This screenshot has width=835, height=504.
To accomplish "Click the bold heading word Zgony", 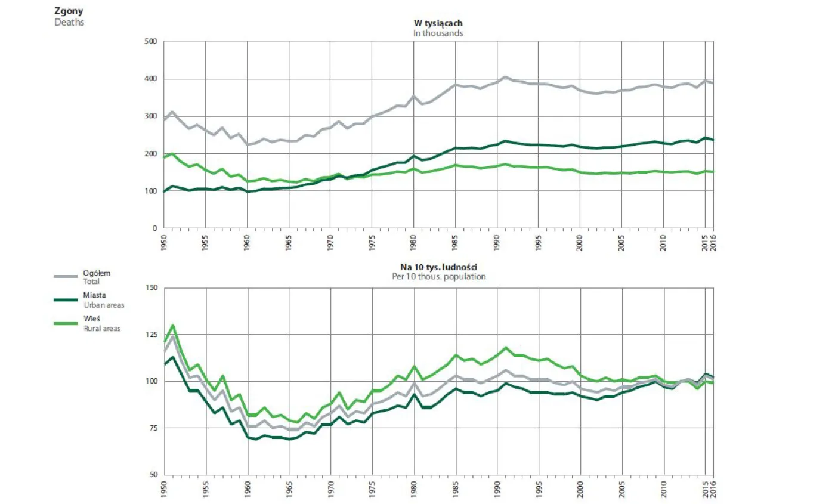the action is pos(69,11).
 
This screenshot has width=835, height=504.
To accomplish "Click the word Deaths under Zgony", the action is pos(69,23).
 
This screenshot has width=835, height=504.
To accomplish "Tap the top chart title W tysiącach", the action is pos(438,23).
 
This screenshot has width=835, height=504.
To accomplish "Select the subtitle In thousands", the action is pos(438,33).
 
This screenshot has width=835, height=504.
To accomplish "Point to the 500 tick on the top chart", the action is pos(150,41).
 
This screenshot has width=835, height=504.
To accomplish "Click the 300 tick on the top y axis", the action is pos(150,116).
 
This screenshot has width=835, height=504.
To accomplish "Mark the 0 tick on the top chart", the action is pos(154,228).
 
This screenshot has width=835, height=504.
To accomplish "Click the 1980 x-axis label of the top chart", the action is pos(413,242).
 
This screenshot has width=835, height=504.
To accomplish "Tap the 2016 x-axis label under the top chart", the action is pos(713,242).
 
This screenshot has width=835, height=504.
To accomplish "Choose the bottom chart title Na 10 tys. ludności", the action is pos(439,267).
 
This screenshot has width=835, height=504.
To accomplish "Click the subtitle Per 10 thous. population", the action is pos(439,277).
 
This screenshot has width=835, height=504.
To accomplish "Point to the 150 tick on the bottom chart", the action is pos(151,287).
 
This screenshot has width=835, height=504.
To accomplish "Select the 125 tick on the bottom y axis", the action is pos(151,335).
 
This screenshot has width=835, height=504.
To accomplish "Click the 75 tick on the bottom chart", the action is pos(153,428).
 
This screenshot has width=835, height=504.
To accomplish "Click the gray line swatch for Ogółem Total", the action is pos(66,276).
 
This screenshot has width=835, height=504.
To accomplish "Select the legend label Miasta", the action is pos(94,295).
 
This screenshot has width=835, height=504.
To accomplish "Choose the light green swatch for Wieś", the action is pos(66,323).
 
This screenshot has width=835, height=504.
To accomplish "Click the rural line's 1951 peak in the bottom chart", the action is pos(172,325).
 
